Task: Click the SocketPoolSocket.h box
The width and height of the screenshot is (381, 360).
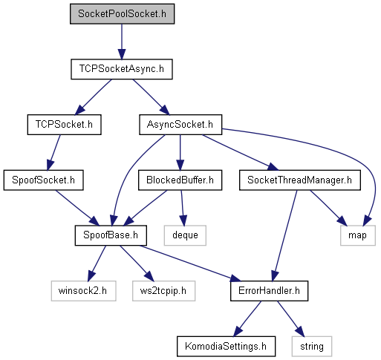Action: pyautogui.click(x=122, y=14)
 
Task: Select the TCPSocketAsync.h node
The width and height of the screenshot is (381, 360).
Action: pyautogui.click(x=122, y=69)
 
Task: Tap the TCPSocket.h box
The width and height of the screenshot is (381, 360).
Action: pyautogui.click(x=64, y=125)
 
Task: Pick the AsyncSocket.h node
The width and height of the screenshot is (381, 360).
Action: pyautogui.click(x=180, y=125)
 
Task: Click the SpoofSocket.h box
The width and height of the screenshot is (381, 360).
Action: pyautogui.click(x=43, y=180)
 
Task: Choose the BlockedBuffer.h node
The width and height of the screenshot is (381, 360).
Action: pyautogui.click(x=180, y=180)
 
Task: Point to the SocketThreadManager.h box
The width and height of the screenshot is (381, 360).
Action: pyautogui.click(x=300, y=180)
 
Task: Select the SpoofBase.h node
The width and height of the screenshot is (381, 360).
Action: pyautogui.click(x=111, y=235)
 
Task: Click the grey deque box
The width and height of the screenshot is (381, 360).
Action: pyautogui.click(x=185, y=235)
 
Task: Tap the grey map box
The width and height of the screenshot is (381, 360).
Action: pyautogui.click(x=358, y=235)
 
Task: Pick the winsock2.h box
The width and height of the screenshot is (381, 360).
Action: pyautogui.click(x=83, y=291)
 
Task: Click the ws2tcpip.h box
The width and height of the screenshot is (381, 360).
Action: pyautogui.click(x=163, y=291)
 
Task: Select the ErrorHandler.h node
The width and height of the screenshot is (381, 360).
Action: pyautogui.click(x=269, y=291)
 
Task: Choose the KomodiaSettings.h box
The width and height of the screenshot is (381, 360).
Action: pyautogui.click(x=226, y=346)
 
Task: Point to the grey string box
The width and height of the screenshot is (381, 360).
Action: pyautogui.click(x=312, y=346)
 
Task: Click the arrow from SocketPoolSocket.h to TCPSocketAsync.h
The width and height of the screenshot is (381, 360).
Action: pyautogui.click(x=122, y=42)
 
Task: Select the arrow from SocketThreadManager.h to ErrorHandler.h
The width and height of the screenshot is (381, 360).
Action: pyautogui.click(x=284, y=235)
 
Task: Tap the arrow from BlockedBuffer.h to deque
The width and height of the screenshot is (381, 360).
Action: pyautogui.click(x=183, y=208)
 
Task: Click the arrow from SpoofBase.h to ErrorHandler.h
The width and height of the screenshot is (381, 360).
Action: pyautogui.click(x=189, y=264)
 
